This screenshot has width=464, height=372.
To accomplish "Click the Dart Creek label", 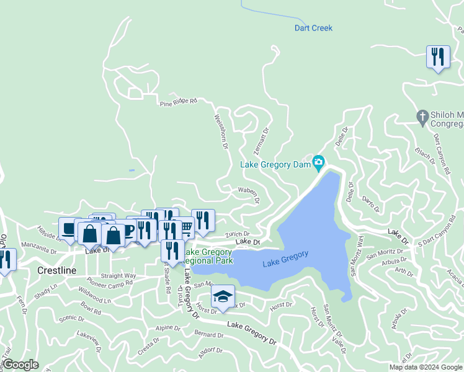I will pyautogui.click(x=313, y=29).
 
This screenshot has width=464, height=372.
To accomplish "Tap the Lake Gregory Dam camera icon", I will pyautogui.click(x=319, y=164).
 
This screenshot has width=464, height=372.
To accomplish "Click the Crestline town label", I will pyautogui.click(x=56, y=271).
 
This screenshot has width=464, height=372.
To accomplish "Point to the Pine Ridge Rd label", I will pyautogui.click(x=178, y=102).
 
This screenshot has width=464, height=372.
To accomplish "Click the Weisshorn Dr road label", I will pyautogui.click(x=222, y=131).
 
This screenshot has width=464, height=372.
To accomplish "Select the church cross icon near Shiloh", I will pyautogui.click(x=422, y=116).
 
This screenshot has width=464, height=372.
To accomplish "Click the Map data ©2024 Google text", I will pyautogui.click(x=425, y=367).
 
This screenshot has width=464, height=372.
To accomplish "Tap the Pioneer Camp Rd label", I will pyautogui.click(x=110, y=283).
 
